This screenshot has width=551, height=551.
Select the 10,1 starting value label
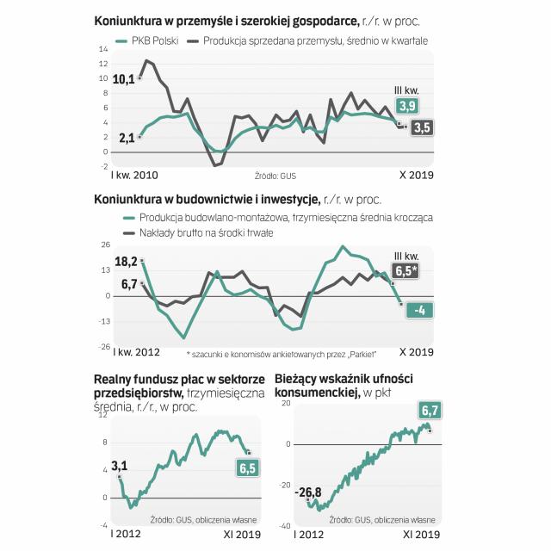click(124, 79)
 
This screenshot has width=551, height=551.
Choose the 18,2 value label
click(127, 261)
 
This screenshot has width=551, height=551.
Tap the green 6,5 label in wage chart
click(249, 467)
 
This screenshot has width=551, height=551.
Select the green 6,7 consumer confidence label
click(430, 409)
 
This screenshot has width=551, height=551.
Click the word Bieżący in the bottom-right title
click(298, 378)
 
